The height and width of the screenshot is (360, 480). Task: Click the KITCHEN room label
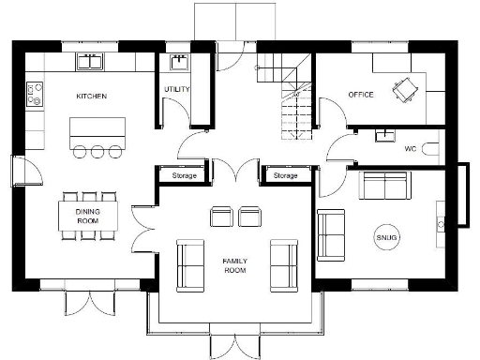tap(92, 96)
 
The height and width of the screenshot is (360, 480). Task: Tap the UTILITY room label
tap(176, 90)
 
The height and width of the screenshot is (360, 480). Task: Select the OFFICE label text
tap(361, 95)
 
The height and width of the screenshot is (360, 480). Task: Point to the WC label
tap(410, 149)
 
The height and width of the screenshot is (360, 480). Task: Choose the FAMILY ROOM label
tap(234, 264)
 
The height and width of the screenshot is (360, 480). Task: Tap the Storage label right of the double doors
tap(285, 175)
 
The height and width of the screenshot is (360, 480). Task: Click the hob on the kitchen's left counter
tap(36, 94)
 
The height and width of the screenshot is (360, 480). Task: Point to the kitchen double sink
tap(90, 62)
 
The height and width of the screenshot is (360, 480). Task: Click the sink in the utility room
tap(178, 63)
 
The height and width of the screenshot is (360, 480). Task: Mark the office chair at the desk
tap(406, 90)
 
